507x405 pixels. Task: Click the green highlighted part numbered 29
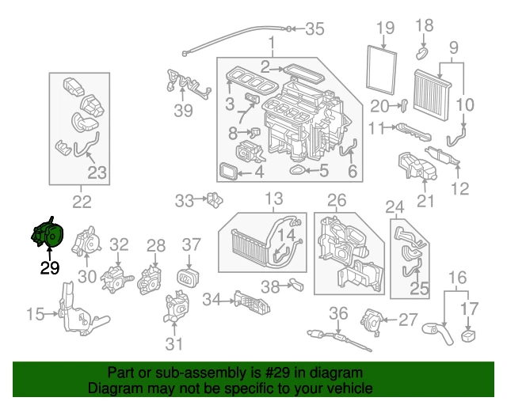[x=48, y=236]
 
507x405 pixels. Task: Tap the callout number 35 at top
[x=314, y=30]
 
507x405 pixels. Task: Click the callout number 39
[x=183, y=110]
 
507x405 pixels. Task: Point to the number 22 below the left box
[x=82, y=202]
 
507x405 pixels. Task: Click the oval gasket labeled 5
[x=300, y=168]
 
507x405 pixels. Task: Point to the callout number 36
[x=338, y=312]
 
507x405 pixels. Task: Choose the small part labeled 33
[x=212, y=200]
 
